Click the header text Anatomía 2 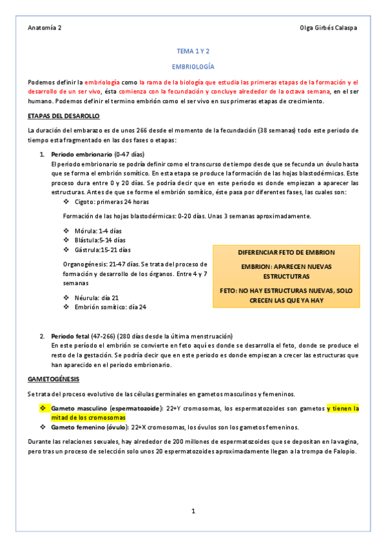point(45,28)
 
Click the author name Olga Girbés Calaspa point(329,28)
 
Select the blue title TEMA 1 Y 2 point(193,51)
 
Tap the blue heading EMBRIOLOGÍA point(193,67)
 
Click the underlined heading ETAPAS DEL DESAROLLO point(63,116)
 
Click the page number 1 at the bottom point(193,512)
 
